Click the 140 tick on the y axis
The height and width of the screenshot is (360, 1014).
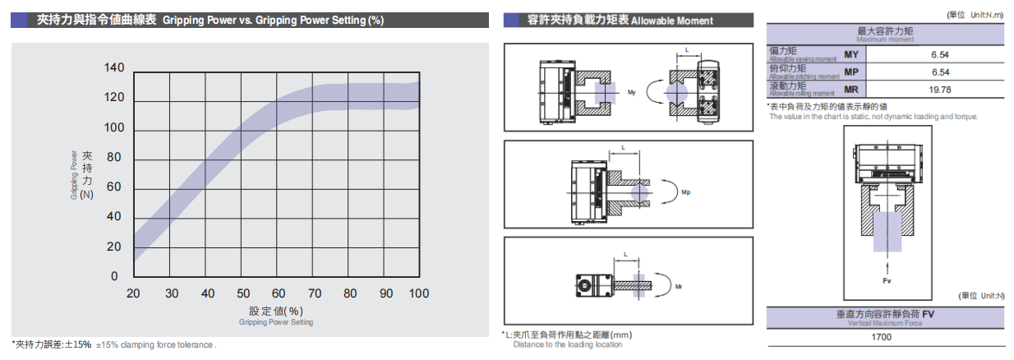pyautogui.click(x=114, y=68)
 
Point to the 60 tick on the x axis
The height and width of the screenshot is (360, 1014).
pyautogui.click(x=278, y=293)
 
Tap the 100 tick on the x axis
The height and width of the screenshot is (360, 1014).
pyautogui.click(x=418, y=293)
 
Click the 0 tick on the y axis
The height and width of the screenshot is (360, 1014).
pyautogui.click(x=115, y=276)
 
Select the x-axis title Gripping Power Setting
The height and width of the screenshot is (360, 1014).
pyautogui.click(x=276, y=322)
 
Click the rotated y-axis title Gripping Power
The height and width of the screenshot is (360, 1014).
pyautogui.click(x=74, y=173)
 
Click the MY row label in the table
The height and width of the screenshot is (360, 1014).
pyautogui.click(x=851, y=54)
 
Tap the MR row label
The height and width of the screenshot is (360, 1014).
pyautogui.click(x=851, y=90)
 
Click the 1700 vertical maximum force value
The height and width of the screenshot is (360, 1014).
pyautogui.click(x=884, y=337)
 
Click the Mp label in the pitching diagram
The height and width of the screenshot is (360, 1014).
pyautogui.click(x=686, y=194)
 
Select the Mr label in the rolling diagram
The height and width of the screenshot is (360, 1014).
pyautogui.click(x=679, y=287)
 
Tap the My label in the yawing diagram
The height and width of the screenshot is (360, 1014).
pyautogui.click(x=631, y=92)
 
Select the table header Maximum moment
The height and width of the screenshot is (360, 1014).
pyautogui.click(x=884, y=39)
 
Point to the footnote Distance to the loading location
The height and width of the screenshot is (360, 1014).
pyautogui.click(x=568, y=345)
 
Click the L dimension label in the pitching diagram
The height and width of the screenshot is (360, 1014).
pyautogui.click(x=623, y=149)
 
